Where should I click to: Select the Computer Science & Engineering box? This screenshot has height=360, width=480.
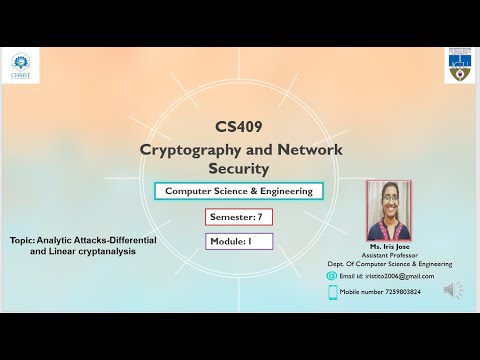[238, 190]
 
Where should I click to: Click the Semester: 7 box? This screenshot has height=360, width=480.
[238, 216]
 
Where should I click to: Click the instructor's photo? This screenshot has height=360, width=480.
[389, 210]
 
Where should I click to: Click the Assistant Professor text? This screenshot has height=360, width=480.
[389, 255]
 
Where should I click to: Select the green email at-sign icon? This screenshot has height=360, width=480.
[333, 276]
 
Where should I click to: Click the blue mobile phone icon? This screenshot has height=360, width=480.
[332, 293]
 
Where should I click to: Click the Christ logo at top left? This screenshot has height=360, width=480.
[21, 64]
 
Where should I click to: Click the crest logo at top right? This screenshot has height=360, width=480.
[459, 66]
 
